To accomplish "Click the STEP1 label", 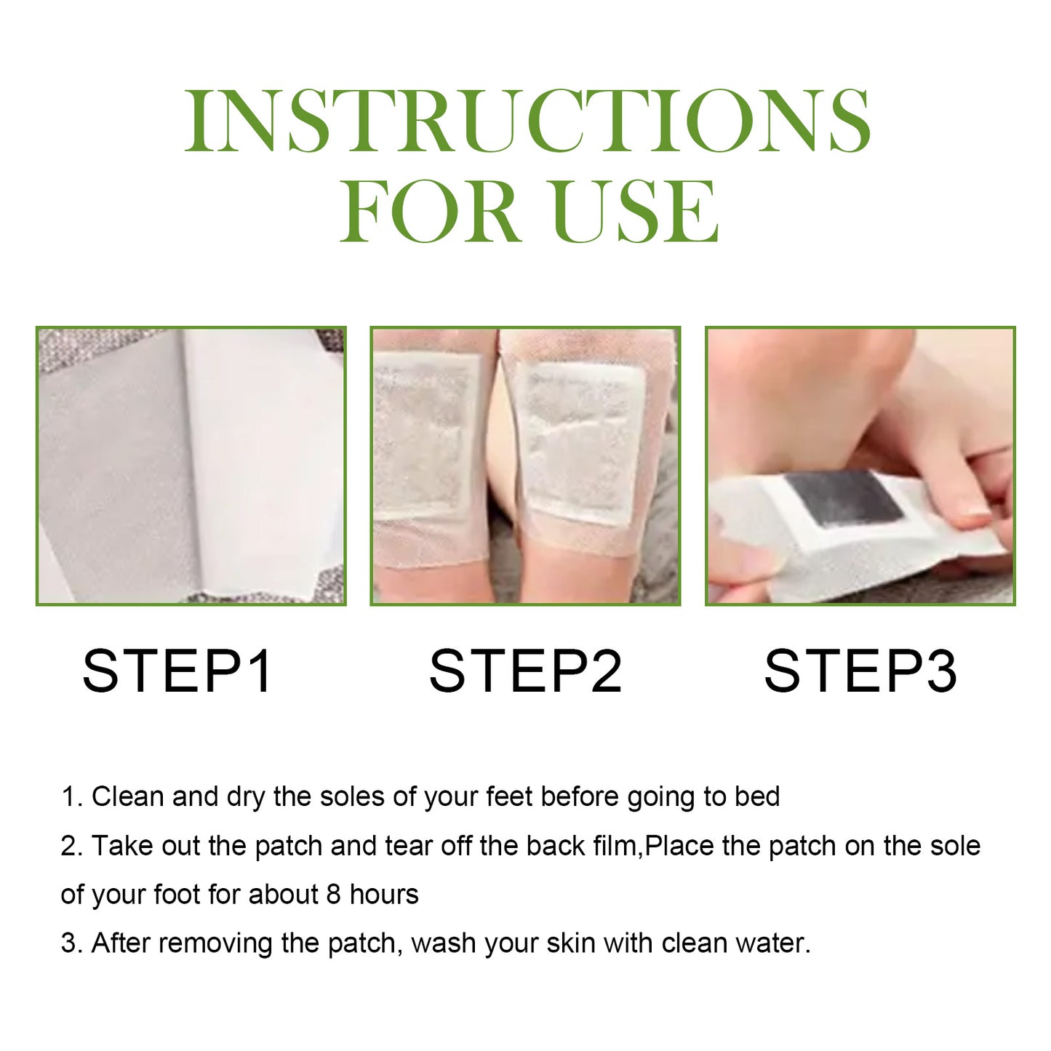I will click(177, 671).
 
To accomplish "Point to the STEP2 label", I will click(525, 671).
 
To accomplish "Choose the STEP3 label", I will click(860, 671).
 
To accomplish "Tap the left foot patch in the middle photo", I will click(425, 436).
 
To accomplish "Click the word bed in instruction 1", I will click(756, 796).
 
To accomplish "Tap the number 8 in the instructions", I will click(333, 894).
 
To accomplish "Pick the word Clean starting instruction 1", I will click(128, 796).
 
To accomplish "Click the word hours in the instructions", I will click(384, 894).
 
